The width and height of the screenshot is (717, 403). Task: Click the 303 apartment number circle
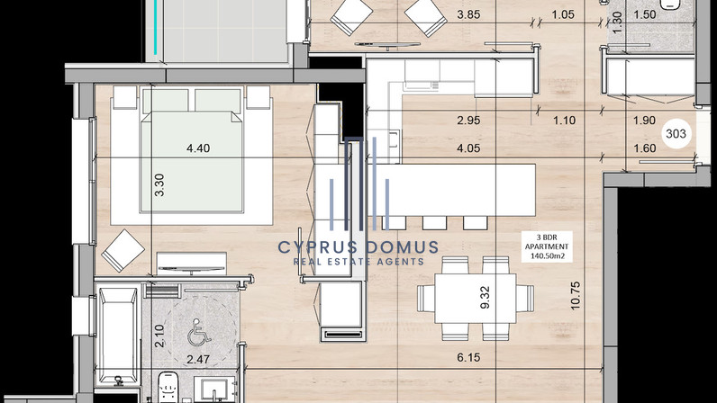click(x=676, y=133)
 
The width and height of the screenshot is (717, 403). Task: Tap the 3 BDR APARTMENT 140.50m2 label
click(x=547, y=246)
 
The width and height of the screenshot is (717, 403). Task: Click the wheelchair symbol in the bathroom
click(x=199, y=331)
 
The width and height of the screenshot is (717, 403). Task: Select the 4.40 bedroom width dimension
click(x=198, y=148)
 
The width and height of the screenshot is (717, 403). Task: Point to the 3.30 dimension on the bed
click(x=159, y=185)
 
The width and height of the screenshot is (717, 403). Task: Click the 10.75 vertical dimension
click(x=576, y=296)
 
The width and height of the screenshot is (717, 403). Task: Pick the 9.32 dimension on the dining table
click(x=486, y=298)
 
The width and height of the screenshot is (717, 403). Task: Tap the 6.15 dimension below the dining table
click(x=468, y=357)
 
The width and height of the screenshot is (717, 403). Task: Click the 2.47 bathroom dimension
click(x=198, y=359)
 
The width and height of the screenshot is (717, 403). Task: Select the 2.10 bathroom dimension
click(x=159, y=336)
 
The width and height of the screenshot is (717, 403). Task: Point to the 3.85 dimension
click(x=468, y=14)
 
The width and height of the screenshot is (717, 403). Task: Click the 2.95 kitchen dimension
click(x=468, y=121)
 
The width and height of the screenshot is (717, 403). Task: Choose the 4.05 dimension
click(x=468, y=148)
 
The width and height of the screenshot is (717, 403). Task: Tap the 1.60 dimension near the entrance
click(x=645, y=148)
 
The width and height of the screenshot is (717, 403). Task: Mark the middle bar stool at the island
click(x=434, y=222)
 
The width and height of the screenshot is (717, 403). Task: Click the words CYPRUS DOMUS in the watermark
click(x=358, y=247)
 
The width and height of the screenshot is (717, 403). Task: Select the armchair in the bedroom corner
click(x=123, y=250)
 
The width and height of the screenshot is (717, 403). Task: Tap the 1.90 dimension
click(x=645, y=121)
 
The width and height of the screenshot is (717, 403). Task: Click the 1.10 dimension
click(x=564, y=121)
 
